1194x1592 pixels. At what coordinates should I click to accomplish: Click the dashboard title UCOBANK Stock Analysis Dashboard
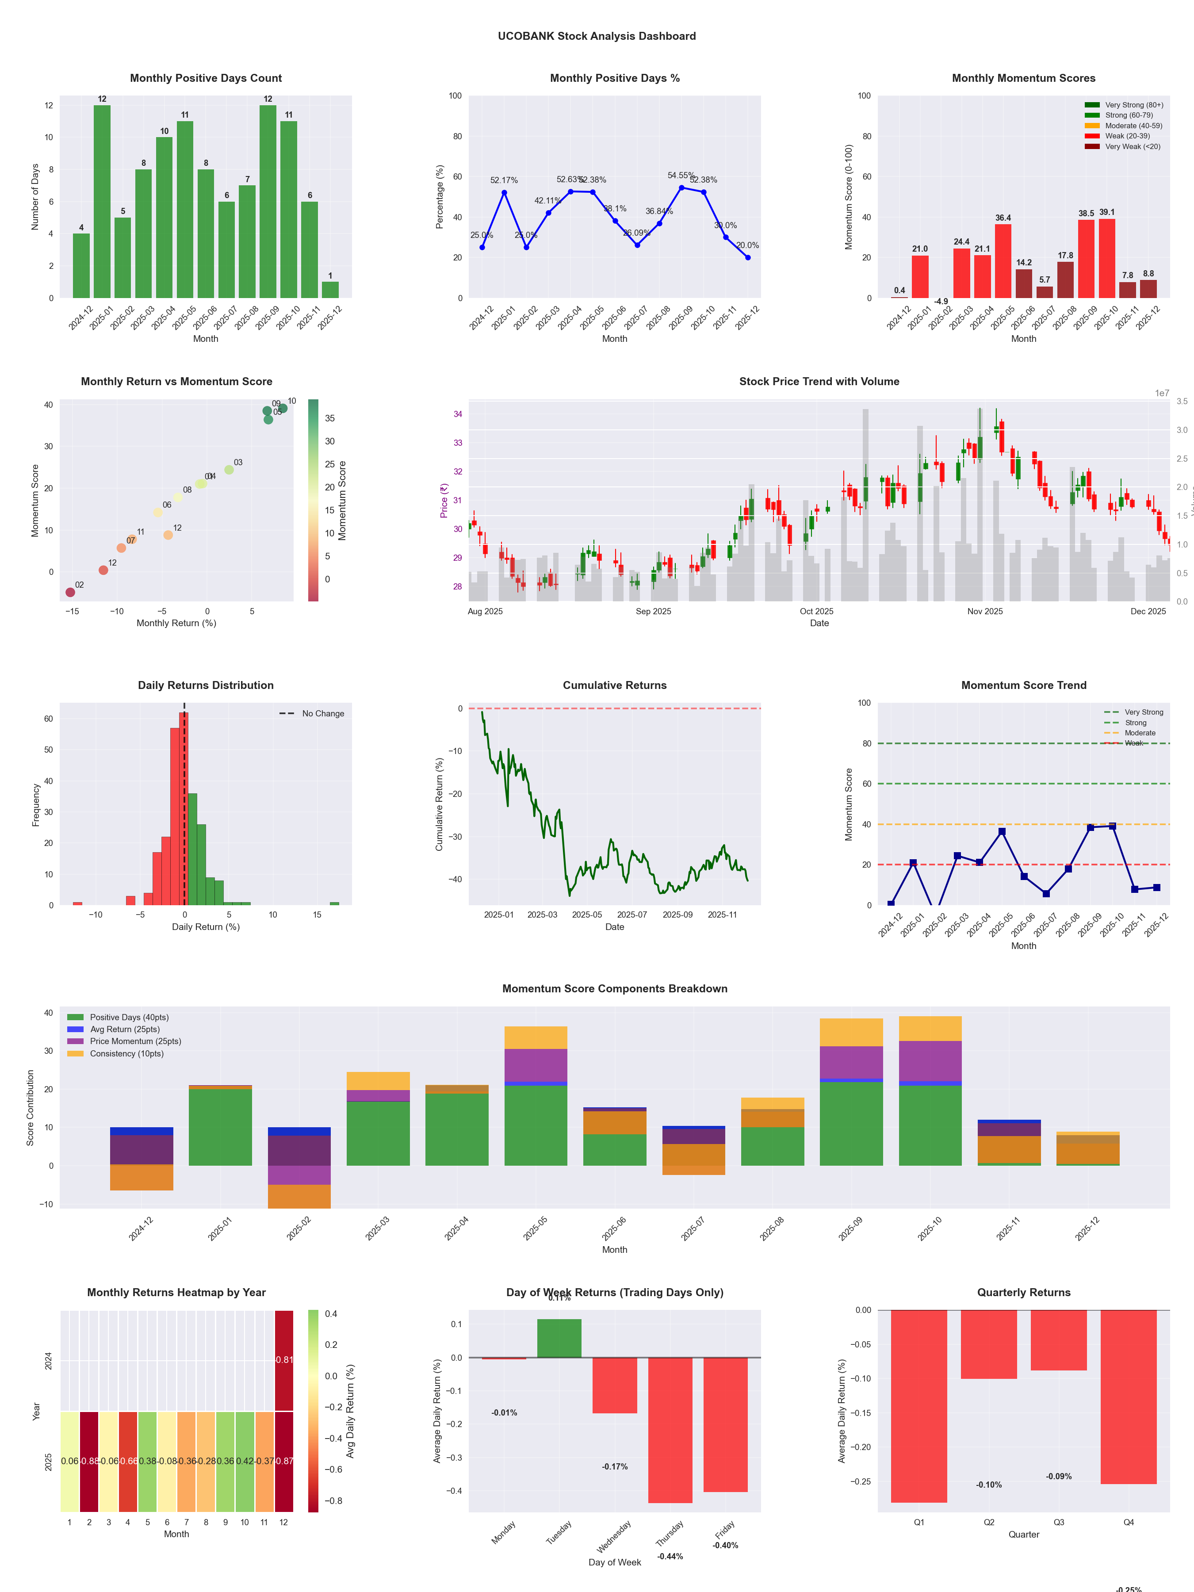tap(597, 36)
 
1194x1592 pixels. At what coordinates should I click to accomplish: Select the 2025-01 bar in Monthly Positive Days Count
tap(102, 202)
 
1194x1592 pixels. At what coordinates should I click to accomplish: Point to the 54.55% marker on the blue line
tap(681, 188)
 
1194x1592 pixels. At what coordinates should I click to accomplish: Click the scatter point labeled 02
tap(70, 592)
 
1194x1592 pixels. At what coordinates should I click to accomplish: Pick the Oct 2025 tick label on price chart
tap(816, 612)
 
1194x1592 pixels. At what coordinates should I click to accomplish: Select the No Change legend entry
tap(322, 714)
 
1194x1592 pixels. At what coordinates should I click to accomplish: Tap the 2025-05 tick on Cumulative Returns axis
tap(586, 915)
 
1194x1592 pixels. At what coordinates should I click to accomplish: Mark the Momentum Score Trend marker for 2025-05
tap(1002, 832)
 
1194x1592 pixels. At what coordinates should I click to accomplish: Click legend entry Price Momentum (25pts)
tap(135, 1041)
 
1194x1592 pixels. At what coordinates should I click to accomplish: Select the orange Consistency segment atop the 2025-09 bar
tap(851, 1032)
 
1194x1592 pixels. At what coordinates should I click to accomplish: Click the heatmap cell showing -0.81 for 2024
tap(283, 1359)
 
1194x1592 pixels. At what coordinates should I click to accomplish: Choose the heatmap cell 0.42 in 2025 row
tap(245, 1461)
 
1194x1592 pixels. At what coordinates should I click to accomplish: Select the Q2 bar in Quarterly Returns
tap(989, 1344)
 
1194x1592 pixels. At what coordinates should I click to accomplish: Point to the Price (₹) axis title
tap(444, 500)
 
